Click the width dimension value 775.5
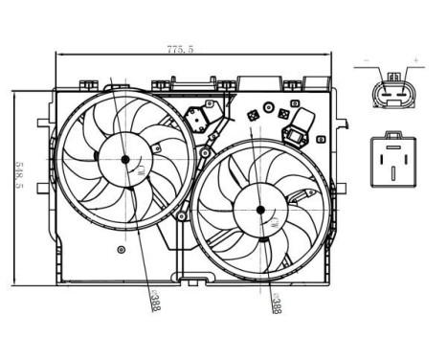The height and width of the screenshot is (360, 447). tap(178, 49)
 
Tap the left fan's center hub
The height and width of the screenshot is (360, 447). tap(124, 160)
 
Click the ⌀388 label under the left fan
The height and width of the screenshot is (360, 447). tap(154, 303)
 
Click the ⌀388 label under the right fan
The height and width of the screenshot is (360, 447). tap(275, 304)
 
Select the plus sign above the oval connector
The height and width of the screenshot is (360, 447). tap(415, 61)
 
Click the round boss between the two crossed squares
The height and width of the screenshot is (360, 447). tap(269, 105)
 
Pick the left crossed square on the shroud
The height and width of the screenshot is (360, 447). tap(253, 116)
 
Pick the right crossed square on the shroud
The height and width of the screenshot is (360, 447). tap(284, 113)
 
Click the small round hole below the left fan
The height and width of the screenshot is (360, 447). tap(120, 250)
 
